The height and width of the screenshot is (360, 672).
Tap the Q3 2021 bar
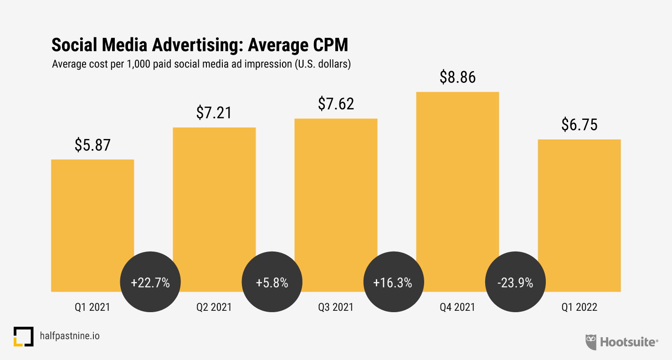[336, 191]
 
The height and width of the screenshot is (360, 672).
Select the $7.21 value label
[214, 113]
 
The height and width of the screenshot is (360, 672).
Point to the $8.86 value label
[457, 77]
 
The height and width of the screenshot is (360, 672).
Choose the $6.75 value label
[579, 125]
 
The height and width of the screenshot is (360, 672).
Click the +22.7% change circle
[150, 283]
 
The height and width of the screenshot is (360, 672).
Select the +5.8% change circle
[272, 283]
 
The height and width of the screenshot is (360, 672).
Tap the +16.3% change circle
[393, 283]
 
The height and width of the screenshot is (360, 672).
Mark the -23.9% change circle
[515, 283]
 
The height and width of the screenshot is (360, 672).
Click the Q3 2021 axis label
[336, 308]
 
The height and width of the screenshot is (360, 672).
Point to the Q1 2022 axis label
[579, 308]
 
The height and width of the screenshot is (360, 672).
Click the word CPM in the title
[325, 45]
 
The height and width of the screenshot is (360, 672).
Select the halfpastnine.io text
[69, 336]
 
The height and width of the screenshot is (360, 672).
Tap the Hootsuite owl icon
[591, 342]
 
